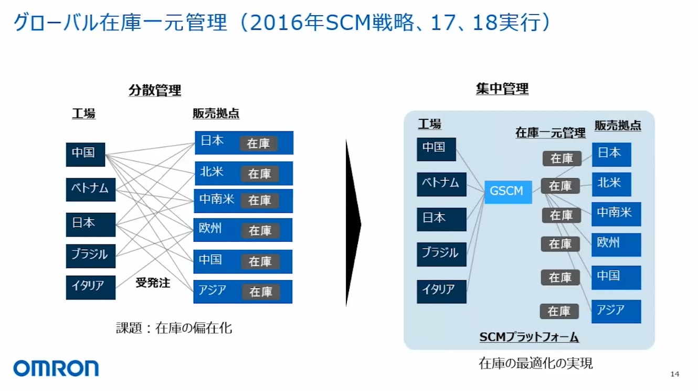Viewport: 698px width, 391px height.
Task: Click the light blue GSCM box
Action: [x=508, y=192]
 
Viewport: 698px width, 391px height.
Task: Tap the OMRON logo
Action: [x=56, y=368]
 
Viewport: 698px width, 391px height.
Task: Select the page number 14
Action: [x=674, y=374]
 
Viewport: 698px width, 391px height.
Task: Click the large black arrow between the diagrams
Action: [x=353, y=223]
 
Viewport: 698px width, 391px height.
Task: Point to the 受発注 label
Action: [x=153, y=283]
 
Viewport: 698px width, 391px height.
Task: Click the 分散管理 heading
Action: [x=155, y=90]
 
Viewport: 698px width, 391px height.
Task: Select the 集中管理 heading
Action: [x=502, y=89]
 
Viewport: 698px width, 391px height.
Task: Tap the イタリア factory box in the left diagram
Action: [x=91, y=287]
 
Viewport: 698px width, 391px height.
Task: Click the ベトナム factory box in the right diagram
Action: [x=441, y=184]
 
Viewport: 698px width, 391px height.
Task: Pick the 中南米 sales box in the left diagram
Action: [x=244, y=201]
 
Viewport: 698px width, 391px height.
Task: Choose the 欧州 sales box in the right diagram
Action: [x=616, y=245]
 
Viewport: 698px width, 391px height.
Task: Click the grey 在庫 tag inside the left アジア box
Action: [x=261, y=292]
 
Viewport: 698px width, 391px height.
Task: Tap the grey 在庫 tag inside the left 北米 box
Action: [x=260, y=174]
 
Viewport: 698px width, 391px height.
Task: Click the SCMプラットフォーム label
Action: [x=529, y=337]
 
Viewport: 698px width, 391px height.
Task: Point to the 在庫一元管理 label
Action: [x=551, y=133]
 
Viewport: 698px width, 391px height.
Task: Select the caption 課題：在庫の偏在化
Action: [x=174, y=328]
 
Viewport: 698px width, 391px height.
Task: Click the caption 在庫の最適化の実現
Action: [x=536, y=363]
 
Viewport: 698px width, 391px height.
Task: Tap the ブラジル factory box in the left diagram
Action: [x=91, y=256]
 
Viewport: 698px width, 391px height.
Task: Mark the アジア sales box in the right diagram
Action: [x=616, y=312]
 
